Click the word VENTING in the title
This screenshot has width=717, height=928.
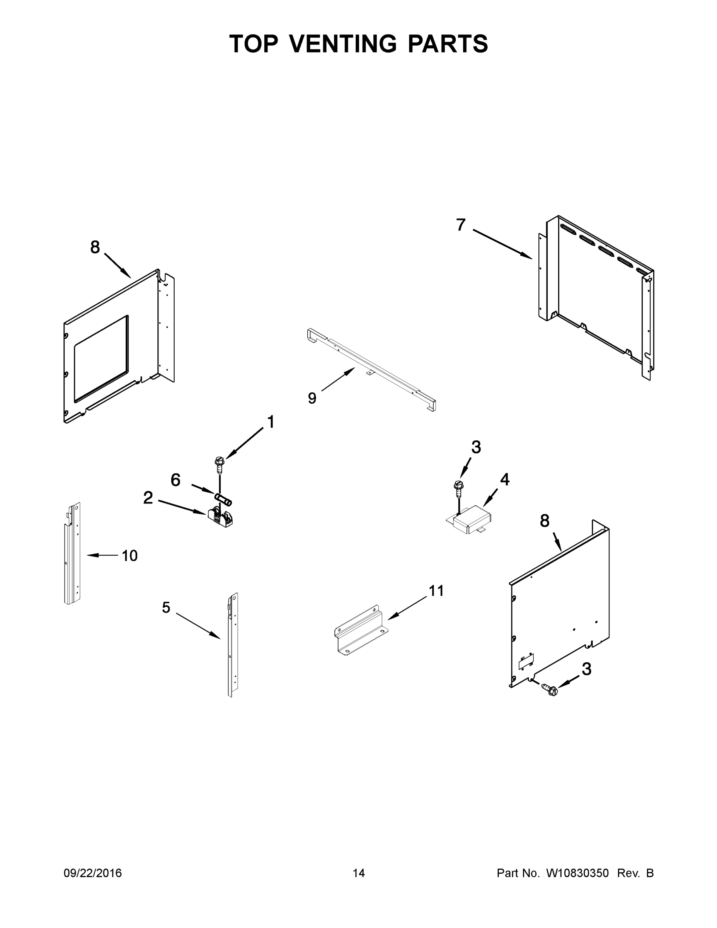click(343, 44)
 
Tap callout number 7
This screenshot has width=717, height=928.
click(461, 224)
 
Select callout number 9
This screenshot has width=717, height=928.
click(312, 398)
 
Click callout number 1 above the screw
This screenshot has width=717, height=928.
click(270, 422)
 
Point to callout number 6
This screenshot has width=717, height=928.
click(175, 480)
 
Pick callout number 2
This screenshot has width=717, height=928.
click(148, 498)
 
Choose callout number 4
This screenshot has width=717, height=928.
click(505, 479)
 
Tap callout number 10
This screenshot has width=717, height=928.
click(129, 555)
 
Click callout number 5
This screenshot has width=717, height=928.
click(166, 607)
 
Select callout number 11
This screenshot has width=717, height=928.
click(436, 590)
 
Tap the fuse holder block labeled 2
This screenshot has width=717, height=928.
click(220, 519)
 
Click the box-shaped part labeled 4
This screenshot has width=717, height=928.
click(471, 519)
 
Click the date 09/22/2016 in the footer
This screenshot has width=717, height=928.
click(93, 873)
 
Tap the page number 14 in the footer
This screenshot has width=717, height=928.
click(359, 873)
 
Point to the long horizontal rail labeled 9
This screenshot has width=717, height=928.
click(372, 368)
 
